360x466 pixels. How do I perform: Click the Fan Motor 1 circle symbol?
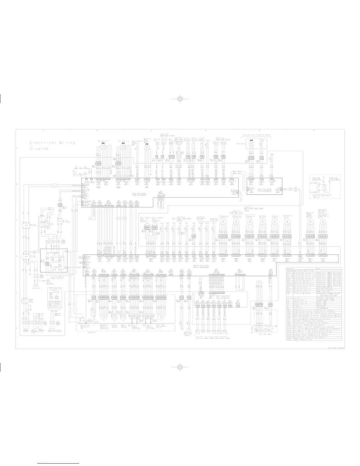(x=103, y=146)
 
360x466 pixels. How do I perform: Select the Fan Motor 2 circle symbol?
(x=123, y=146)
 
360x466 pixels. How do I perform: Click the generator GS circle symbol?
(x=251, y=144)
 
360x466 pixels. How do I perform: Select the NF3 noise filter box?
(x=60, y=221)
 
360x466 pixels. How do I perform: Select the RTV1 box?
(x=216, y=143)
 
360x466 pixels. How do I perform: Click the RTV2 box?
(x=224, y=143)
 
